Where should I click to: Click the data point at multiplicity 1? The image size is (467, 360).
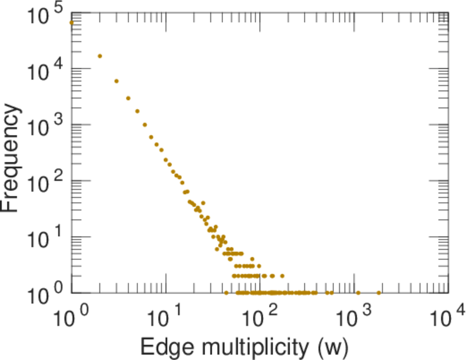pyautogui.click(x=71, y=23)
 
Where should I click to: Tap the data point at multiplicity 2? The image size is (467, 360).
pyautogui.click(x=100, y=56)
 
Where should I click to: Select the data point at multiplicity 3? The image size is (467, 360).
pyautogui.click(x=116, y=81)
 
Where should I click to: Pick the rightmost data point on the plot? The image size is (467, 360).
pyautogui.click(x=378, y=293)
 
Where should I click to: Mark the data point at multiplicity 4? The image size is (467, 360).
pyautogui.click(x=128, y=98)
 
